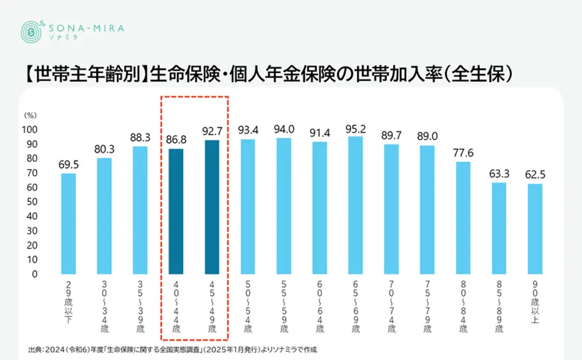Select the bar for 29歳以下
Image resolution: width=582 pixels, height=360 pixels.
point(68,224)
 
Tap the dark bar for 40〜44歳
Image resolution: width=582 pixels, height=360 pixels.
point(176,212)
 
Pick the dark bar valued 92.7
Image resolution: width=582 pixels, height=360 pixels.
point(212,207)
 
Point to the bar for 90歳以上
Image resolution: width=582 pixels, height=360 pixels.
point(534,229)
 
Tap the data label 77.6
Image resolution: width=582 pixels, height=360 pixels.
point(463,153)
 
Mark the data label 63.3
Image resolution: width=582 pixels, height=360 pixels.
point(499,174)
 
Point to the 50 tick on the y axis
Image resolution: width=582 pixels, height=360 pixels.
point(33,202)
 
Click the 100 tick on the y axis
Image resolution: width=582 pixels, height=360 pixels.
point(31,129)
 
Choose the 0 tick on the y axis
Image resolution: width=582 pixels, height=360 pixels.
point(36,275)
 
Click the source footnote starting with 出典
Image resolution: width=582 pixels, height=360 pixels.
point(172,349)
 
